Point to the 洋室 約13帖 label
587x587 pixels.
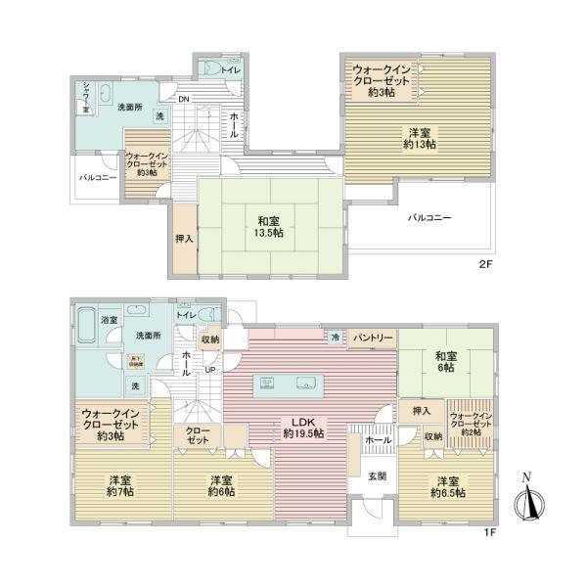[418, 138]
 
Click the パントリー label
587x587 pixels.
[373, 338]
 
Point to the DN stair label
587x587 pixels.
[183, 100]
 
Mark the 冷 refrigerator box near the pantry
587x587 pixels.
[336, 337]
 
